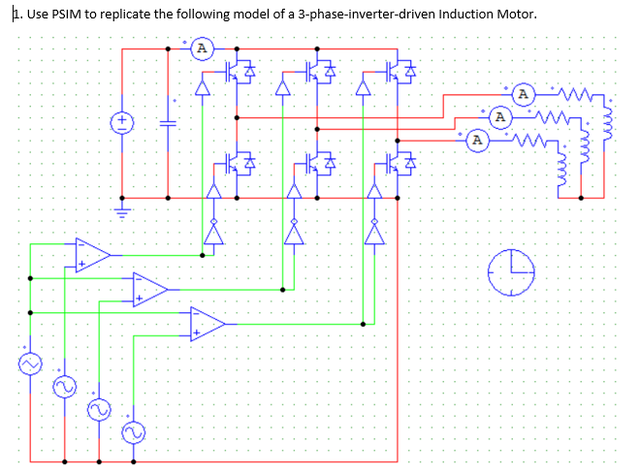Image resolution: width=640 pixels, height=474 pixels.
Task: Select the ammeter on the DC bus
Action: point(201,47)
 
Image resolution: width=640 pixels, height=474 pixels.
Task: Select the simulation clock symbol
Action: point(511,271)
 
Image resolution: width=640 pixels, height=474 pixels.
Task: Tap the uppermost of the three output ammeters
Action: point(524,95)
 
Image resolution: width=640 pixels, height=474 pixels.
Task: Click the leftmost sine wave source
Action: point(29,363)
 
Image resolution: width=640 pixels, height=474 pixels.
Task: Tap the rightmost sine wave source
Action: point(132,428)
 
